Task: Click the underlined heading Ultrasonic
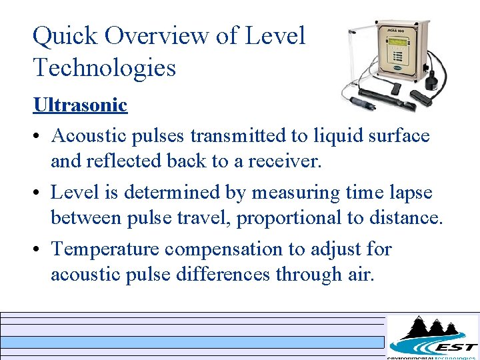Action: [x=80, y=105]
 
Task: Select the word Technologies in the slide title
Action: [x=104, y=68]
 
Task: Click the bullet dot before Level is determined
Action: [x=38, y=193]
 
